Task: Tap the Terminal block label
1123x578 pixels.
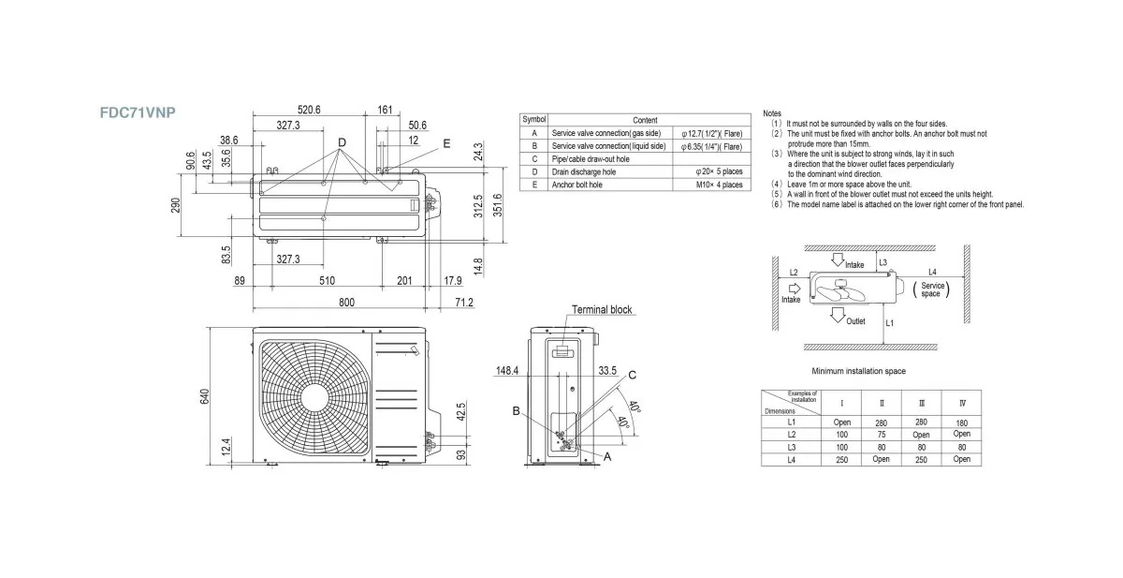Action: coord(602,309)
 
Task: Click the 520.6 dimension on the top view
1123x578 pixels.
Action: coord(303,110)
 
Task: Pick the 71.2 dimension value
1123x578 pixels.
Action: coord(463,302)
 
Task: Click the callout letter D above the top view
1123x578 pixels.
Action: coord(342,142)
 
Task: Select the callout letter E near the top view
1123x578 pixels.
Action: coord(446,143)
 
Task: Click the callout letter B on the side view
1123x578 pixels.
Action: coord(516,410)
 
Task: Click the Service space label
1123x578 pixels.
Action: coord(932,289)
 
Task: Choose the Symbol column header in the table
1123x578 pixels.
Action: coord(534,120)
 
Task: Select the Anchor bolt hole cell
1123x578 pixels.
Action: coord(577,185)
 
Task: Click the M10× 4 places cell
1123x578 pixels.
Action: coord(719,185)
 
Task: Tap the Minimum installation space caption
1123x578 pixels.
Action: coord(858,371)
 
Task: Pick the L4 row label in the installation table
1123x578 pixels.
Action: coord(792,460)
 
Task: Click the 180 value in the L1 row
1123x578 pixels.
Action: coord(962,422)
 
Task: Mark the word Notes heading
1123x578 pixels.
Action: coord(772,113)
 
